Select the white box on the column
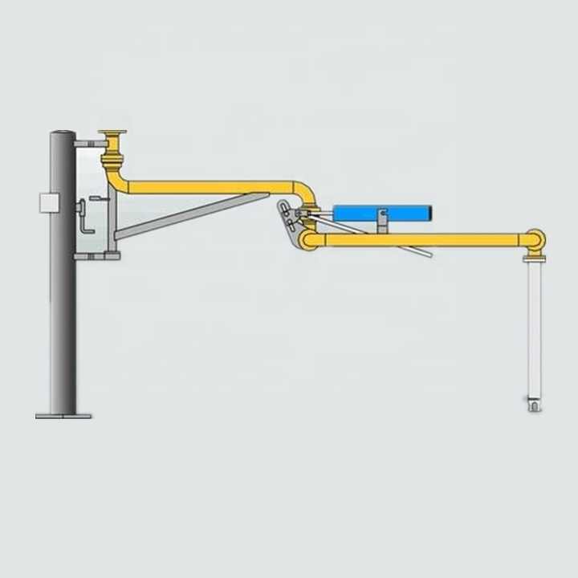50,202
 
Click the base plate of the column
63,415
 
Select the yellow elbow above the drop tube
535,240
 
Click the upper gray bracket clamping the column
90,143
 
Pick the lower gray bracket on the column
96,256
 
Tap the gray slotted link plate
286,218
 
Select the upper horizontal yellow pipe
209,188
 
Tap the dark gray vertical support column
63,305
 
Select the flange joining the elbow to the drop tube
534,258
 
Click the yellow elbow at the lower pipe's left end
308,239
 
